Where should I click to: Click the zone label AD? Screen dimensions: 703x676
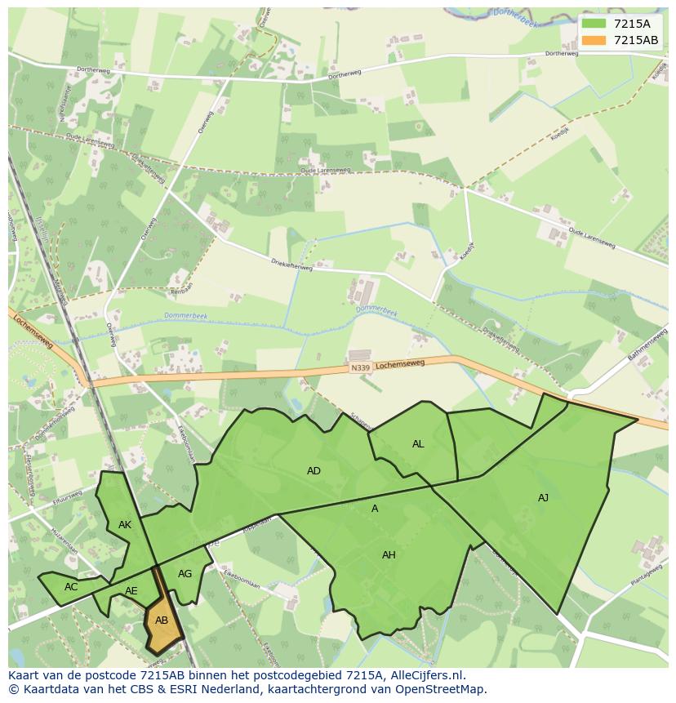[x=314, y=471]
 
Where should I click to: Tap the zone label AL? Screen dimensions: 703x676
[x=418, y=444]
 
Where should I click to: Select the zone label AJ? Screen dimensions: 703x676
[x=543, y=497]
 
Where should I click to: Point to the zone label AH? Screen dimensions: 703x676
[x=389, y=555]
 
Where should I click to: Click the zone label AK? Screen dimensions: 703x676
[x=125, y=525]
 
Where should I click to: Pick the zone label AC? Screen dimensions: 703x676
[x=71, y=587]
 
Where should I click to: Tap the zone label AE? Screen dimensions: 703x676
[x=131, y=591]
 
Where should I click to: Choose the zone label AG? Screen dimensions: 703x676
[x=185, y=574]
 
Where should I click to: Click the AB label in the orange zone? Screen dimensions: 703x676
[x=162, y=621]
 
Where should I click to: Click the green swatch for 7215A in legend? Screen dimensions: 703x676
[x=594, y=24]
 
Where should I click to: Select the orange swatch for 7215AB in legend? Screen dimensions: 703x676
[x=594, y=40]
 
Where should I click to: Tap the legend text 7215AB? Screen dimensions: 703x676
[x=635, y=40]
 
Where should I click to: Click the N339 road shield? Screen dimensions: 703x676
[x=360, y=367]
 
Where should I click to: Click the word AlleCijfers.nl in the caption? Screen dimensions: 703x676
[x=428, y=675]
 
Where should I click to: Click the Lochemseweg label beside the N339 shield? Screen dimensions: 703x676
[x=400, y=364]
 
